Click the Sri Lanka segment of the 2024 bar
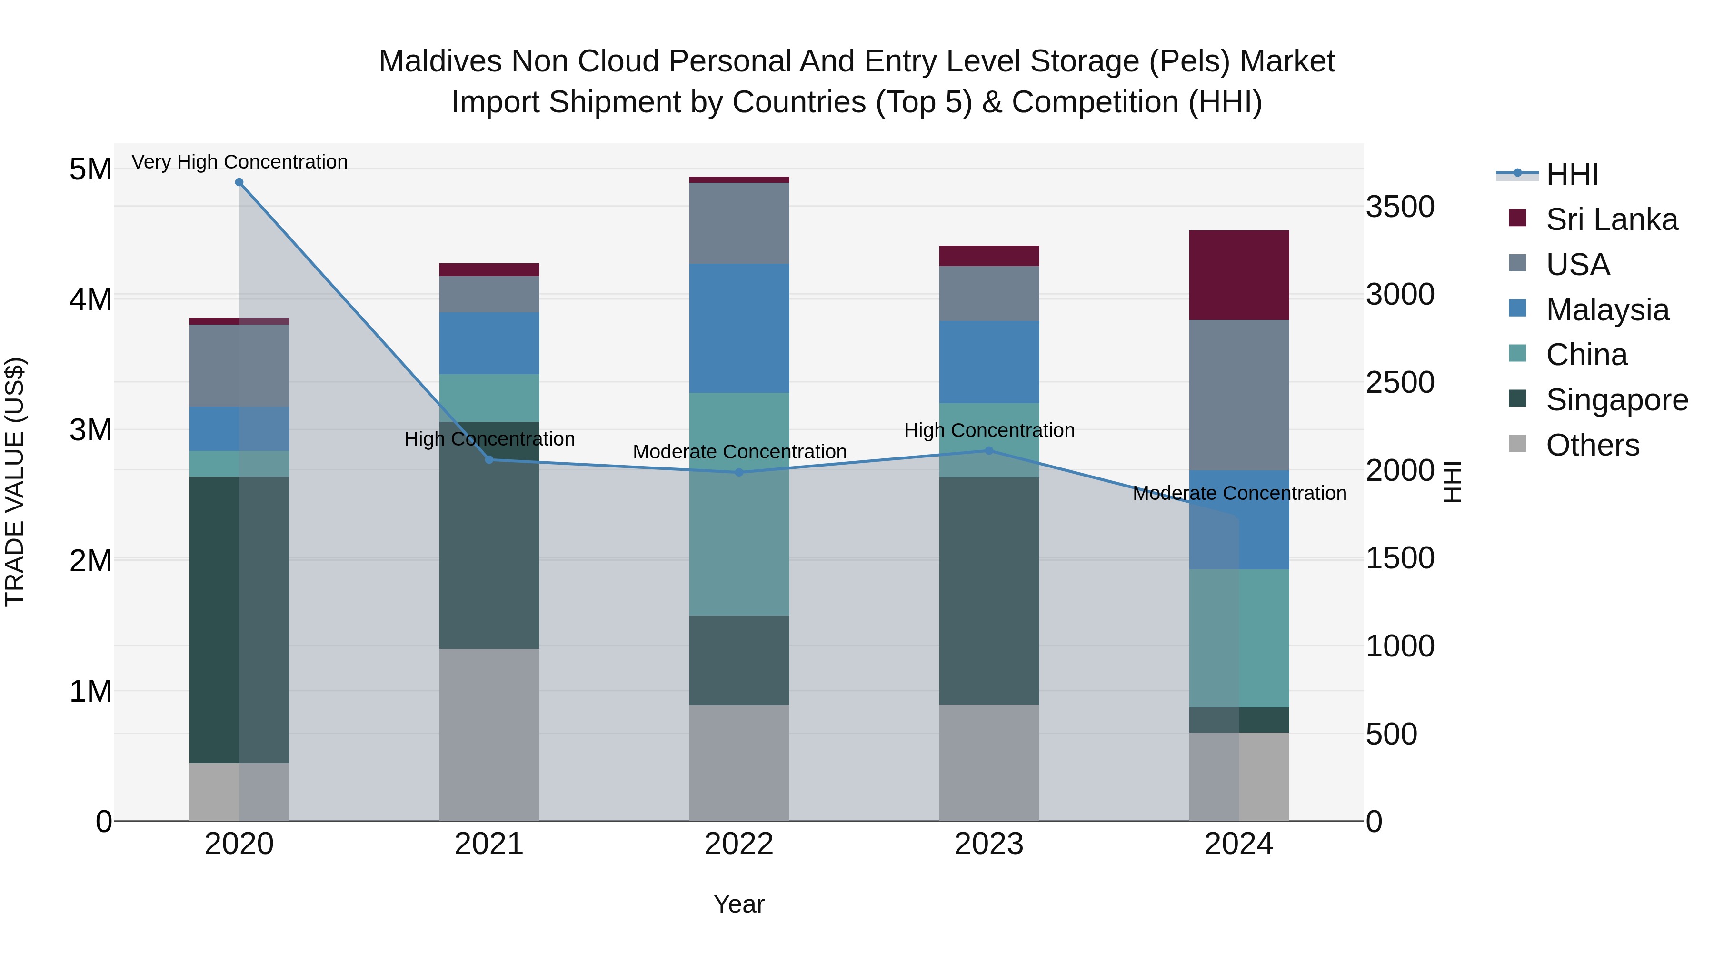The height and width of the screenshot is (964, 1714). [1239, 276]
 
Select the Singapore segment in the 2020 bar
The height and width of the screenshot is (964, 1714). [239, 619]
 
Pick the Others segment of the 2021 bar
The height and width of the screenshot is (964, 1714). [489, 735]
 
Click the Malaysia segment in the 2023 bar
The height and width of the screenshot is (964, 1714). [989, 362]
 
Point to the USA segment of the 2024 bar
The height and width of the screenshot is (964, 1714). [1239, 395]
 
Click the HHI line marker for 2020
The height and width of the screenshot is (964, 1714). [239, 182]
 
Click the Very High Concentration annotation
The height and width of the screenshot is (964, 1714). [239, 162]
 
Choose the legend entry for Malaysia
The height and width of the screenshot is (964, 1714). [1607, 310]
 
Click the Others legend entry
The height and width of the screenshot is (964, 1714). [1592, 445]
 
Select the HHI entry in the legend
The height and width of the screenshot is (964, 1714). [1572, 174]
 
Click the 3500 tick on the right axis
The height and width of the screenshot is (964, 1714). [1400, 207]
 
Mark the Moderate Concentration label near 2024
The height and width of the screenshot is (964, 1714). [1239, 494]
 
